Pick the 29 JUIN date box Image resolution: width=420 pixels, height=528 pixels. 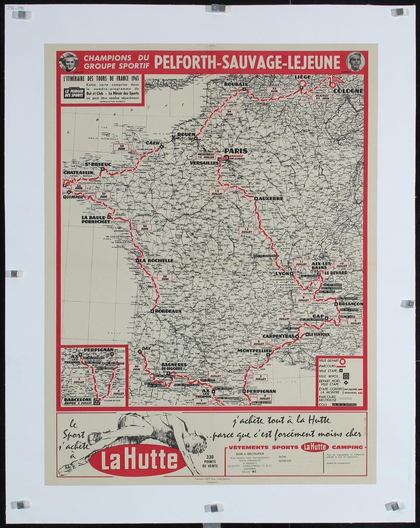pyautogui.click(x=164, y=277)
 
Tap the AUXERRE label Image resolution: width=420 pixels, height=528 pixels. pyautogui.click(x=271, y=198)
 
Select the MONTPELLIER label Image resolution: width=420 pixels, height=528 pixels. pyautogui.click(x=255, y=351)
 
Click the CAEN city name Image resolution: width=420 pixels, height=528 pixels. pyautogui.click(x=152, y=143)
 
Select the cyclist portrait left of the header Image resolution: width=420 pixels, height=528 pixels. pyautogui.click(x=69, y=61)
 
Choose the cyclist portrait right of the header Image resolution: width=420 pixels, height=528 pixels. pyautogui.click(x=355, y=61)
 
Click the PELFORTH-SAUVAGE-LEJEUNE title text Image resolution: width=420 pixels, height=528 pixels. pyautogui.click(x=247, y=62)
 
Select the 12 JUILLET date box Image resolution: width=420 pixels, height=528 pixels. pyautogui.click(x=246, y=230)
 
